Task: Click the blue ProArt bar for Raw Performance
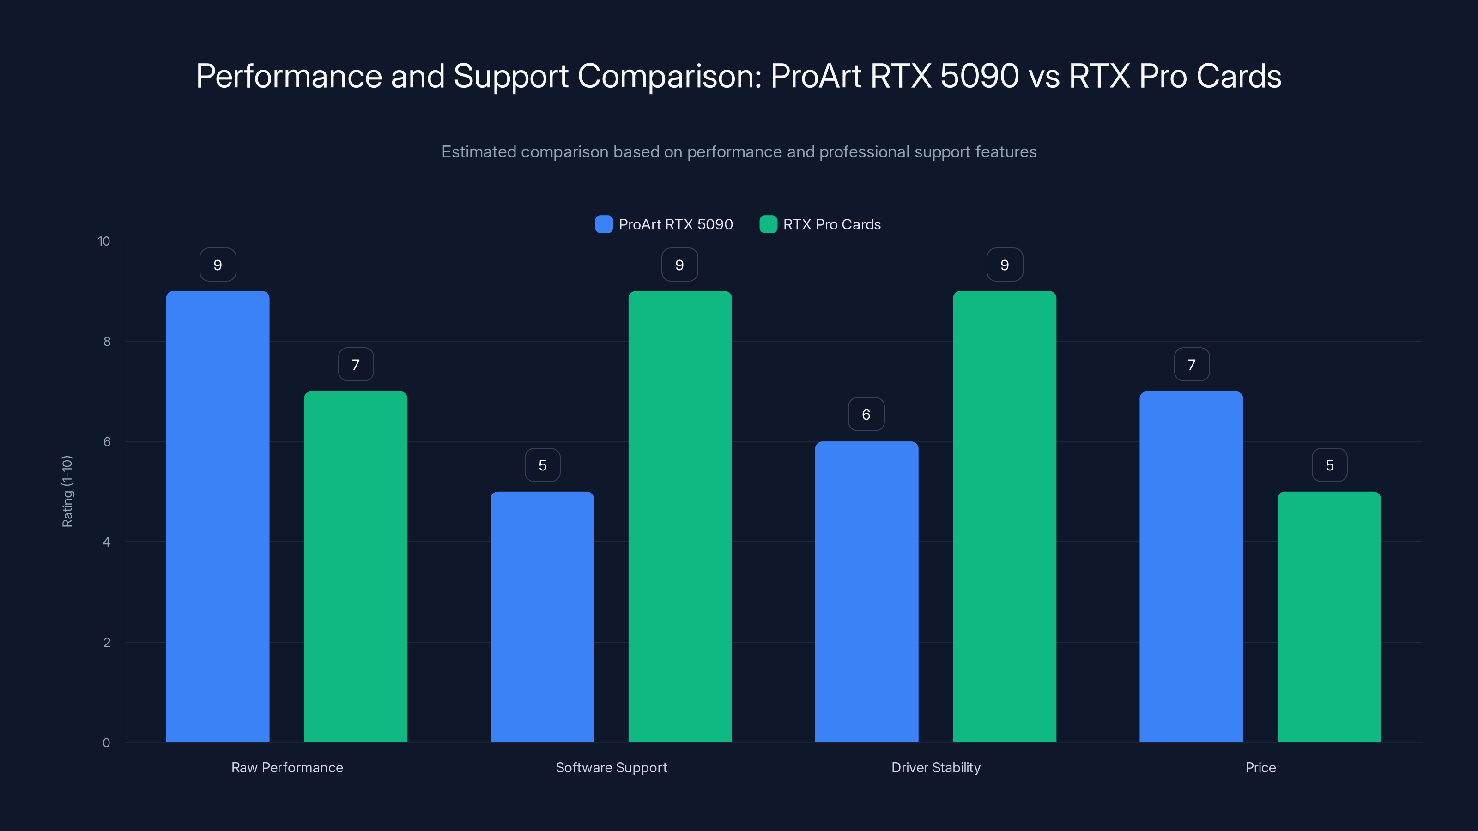point(218,516)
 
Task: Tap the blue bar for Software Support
point(542,616)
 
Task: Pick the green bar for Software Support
point(680,516)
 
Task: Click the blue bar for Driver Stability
point(866,591)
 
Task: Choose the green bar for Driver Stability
point(1004,516)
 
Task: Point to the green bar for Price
point(1329,616)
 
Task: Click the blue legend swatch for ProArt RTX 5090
point(604,224)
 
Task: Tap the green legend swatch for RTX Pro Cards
point(768,224)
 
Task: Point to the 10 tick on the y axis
point(104,241)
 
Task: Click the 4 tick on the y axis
point(106,542)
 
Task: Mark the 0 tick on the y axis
point(106,743)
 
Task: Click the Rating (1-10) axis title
point(67,492)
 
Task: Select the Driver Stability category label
point(936,767)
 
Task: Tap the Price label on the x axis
point(1260,767)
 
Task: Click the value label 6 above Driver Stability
point(866,414)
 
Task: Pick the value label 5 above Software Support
point(542,465)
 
